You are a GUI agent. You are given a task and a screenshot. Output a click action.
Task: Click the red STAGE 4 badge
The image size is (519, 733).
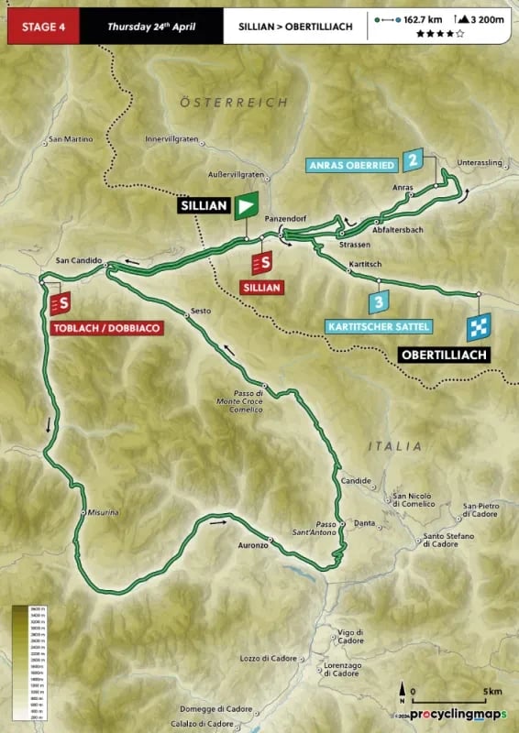(x=40, y=27)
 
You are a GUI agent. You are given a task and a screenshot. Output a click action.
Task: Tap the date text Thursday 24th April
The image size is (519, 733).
(x=149, y=27)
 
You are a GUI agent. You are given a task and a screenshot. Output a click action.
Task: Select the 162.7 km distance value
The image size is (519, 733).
(x=424, y=18)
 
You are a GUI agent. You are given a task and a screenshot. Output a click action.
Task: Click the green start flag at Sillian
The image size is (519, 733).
(x=245, y=206)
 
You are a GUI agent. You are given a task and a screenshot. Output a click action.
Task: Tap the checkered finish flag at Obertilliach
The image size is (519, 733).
(x=479, y=325)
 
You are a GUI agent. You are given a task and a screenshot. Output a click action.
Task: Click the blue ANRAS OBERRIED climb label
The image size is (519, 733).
(x=351, y=165)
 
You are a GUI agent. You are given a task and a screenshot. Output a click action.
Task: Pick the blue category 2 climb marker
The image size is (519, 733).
(x=414, y=159)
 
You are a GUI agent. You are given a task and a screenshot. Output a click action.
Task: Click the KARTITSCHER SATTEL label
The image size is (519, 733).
(x=377, y=325)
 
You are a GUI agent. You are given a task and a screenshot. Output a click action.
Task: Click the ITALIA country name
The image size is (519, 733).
(x=394, y=446)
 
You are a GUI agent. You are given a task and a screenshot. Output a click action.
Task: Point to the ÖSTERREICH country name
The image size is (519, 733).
(x=234, y=102)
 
